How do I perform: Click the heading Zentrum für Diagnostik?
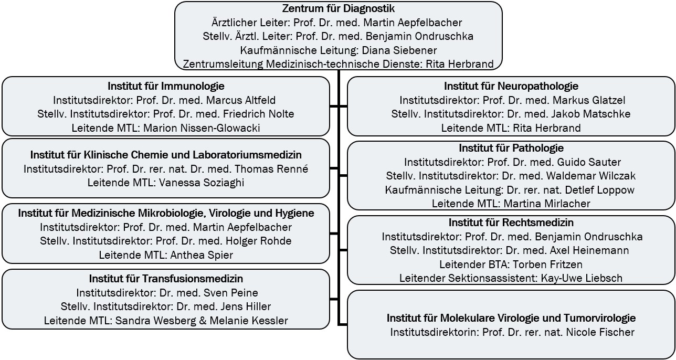point(339,9)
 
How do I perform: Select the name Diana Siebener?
point(399,50)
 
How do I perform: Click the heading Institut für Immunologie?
point(166,86)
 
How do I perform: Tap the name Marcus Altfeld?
point(241,100)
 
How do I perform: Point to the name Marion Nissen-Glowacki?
point(202,128)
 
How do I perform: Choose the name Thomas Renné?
point(271,169)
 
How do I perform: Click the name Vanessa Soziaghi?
point(202,183)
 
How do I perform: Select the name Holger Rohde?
point(259,241)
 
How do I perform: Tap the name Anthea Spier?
point(202,255)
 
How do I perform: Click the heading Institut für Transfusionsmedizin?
point(166,279)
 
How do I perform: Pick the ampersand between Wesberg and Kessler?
point(203,321)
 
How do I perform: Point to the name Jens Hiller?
point(246,306)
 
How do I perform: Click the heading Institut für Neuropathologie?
point(511,86)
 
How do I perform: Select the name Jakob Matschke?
point(591,114)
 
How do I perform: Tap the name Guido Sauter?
point(589,162)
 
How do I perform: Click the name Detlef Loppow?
point(600,190)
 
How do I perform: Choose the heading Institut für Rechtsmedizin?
point(511,223)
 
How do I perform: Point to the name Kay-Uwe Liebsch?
point(582,278)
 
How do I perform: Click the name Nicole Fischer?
point(600,332)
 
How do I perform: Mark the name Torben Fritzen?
point(548,264)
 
